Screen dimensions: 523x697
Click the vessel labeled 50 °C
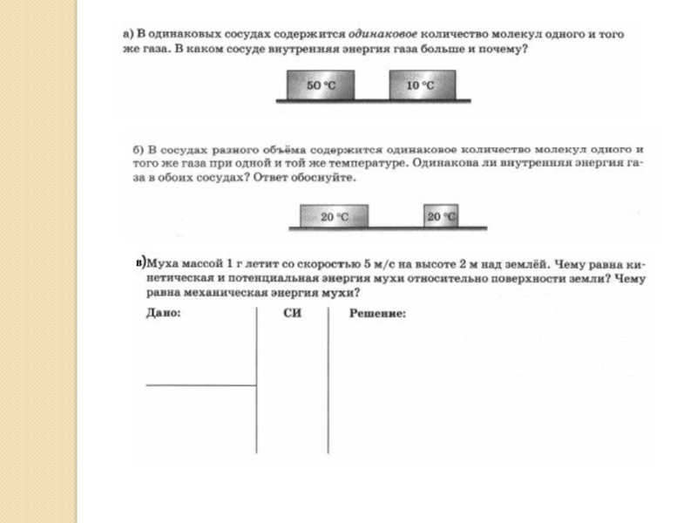pyautogui.click(x=321, y=86)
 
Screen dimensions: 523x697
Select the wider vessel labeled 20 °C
pyautogui.click(x=334, y=216)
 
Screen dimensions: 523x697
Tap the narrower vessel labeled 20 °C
pyautogui.click(x=441, y=216)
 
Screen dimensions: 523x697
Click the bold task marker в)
pyautogui.click(x=142, y=261)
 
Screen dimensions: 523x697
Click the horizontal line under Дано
pyautogui.click(x=200, y=384)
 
